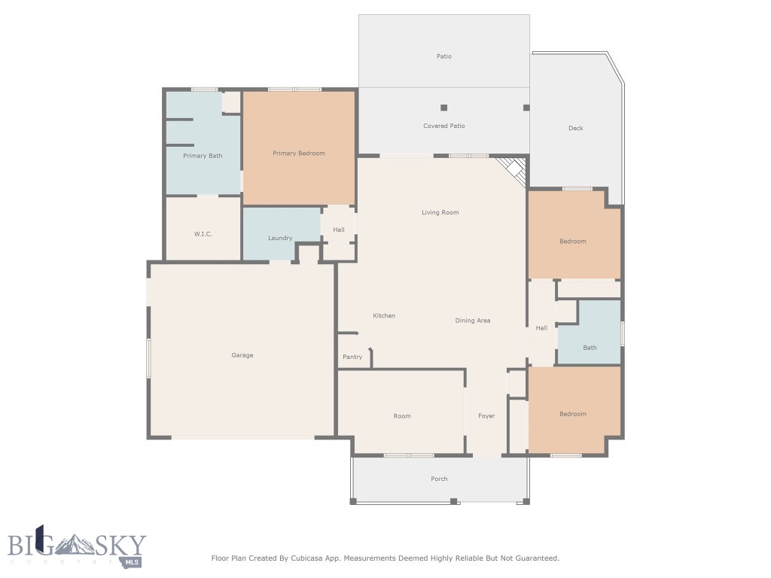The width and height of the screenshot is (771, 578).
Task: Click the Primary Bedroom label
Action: [298, 154]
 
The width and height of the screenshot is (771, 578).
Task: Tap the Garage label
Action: [242, 355]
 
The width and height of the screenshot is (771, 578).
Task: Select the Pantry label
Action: [352, 357]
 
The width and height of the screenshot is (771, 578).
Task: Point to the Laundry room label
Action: [280, 238]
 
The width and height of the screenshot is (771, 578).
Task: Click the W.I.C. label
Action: [203, 234]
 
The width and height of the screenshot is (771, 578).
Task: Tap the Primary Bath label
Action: [203, 156]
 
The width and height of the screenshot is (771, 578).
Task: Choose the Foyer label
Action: [486, 415]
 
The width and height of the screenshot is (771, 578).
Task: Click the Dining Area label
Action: [473, 321]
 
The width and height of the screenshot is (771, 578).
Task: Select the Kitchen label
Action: [384, 315]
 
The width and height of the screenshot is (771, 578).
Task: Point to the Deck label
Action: [576, 128]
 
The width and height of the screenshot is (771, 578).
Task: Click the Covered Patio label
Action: [444, 126]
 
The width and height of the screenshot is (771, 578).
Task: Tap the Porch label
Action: [439, 479]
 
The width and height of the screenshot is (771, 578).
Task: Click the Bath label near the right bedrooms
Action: [590, 348]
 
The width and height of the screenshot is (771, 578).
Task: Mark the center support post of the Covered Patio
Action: [444, 108]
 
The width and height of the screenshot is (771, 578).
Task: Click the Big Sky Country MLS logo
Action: [77, 546]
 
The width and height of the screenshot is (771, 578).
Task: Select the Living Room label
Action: [440, 212]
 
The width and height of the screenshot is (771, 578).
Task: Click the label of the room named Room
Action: [402, 415]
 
